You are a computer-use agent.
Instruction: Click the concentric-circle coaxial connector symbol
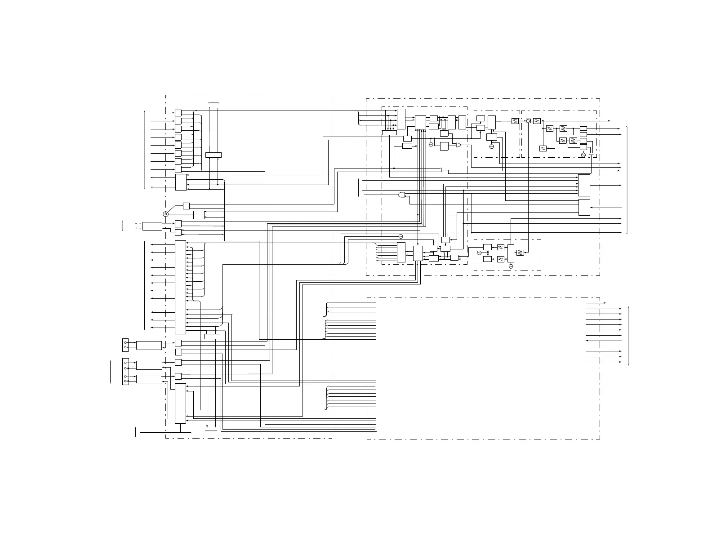(x=165, y=214)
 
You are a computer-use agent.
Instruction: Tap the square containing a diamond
(x=529, y=121)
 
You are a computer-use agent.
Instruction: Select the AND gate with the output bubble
(x=402, y=195)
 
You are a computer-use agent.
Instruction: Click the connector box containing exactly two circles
(x=125, y=345)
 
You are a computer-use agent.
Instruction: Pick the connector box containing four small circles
(x=125, y=372)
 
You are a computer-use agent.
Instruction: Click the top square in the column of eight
(x=178, y=113)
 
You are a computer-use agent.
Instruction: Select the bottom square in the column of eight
(x=178, y=169)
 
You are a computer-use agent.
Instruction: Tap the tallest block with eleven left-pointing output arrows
(x=180, y=287)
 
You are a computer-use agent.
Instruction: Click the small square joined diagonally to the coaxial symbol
(x=187, y=206)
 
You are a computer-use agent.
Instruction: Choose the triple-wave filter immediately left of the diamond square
(x=515, y=121)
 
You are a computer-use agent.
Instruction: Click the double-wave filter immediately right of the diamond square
(x=537, y=121)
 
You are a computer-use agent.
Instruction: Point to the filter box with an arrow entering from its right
(x=543, y=148)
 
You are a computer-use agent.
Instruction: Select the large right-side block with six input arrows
(x=584, y=185)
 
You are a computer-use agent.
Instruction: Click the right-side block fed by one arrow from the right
(x=584, y=207)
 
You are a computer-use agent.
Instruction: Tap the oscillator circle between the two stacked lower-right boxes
(x=479, y=253)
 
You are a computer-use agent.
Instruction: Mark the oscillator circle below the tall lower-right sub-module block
(x=510, y=266)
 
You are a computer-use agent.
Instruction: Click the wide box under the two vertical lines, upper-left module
(x=214, y=155)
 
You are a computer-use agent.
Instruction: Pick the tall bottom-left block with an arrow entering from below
(x=180, y=403)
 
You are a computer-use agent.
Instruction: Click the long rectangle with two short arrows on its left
(x=152, y=226)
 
